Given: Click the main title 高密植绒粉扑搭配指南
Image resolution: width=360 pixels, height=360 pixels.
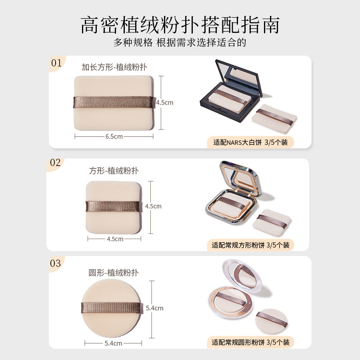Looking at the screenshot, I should [180, 25].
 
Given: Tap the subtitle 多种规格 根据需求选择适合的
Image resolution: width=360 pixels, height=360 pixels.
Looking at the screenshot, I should [180, 43].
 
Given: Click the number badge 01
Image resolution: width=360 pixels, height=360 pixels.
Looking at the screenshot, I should [56, 63].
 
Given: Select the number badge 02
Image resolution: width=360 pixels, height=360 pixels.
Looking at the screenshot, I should [55, 163].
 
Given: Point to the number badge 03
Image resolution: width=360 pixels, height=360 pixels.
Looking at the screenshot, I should [56, 264].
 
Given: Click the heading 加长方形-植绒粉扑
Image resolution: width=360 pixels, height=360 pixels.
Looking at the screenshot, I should [114, 67].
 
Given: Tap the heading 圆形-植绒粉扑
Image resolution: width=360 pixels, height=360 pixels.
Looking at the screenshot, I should [114, 273].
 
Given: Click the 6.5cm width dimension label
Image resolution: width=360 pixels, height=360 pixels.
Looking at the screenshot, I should [114, 136].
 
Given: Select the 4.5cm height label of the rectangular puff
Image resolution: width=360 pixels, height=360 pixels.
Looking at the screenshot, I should [164, 102].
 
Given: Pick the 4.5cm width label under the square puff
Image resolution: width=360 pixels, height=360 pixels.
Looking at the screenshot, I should [115, 239].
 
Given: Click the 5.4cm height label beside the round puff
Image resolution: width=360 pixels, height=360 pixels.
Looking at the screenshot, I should [154, 308].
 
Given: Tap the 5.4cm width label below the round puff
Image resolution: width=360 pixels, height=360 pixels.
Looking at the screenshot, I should [113, 343].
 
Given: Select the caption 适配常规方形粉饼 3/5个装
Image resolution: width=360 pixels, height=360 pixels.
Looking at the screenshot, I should [250, 245].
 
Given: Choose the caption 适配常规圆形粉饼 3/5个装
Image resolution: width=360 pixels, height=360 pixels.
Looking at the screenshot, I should [250, 342].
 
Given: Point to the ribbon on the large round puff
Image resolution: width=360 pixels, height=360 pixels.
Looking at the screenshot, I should [111, 308].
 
